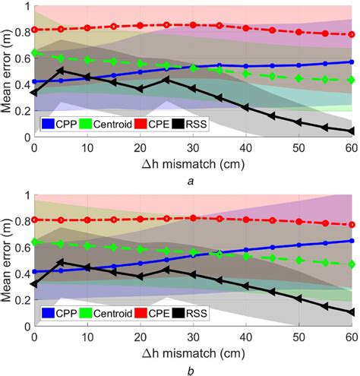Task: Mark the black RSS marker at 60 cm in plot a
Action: click(x=351, y=131)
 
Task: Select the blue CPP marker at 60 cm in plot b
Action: click(x=351, y=241)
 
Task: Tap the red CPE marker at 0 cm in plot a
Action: click(x=35, y=30)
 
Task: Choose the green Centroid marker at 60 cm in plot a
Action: click(x=351, y=80)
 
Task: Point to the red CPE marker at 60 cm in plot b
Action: click(x=351, y=225)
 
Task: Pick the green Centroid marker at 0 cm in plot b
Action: click(x=35, y=242)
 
